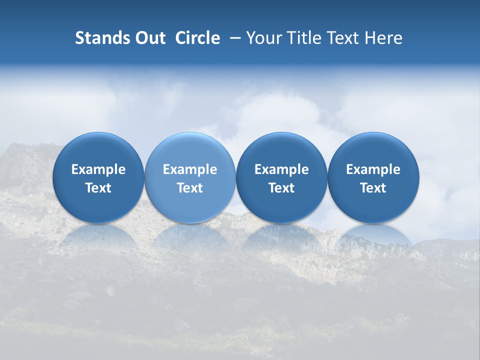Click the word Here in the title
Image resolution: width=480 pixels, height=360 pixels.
383,38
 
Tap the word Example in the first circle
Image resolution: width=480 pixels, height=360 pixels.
98,169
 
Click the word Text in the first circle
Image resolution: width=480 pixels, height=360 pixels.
98,188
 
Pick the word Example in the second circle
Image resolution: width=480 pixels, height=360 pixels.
190,169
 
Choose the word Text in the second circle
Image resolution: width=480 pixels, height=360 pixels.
190,188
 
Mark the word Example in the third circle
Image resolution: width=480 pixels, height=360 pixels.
281,169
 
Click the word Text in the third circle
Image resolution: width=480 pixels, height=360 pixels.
281,188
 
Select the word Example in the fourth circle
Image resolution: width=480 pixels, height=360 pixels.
373,169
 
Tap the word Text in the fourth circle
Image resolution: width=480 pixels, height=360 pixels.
373,188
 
